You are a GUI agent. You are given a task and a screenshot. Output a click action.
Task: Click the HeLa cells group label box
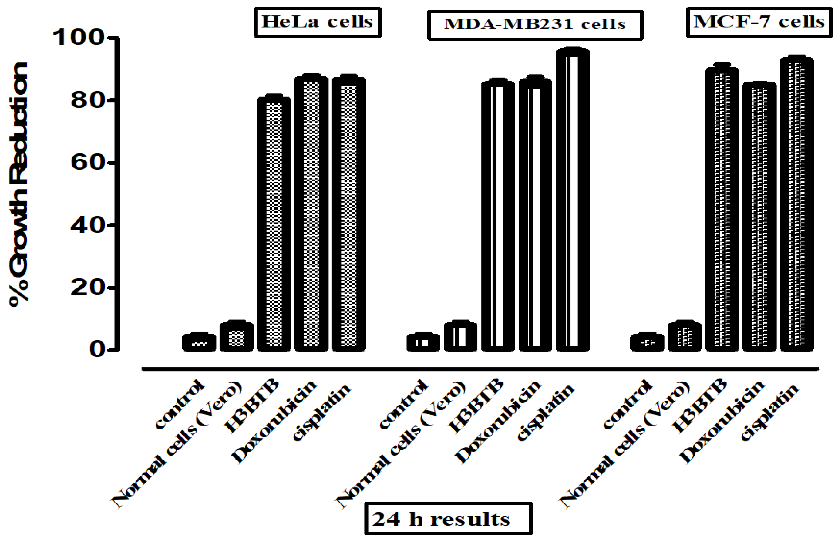[318, 22]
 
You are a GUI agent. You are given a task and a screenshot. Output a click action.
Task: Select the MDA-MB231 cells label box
[535, 25]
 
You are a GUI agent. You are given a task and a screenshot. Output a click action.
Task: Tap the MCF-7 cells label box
[759, 22]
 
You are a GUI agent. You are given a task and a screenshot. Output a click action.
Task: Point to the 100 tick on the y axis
[83, 37]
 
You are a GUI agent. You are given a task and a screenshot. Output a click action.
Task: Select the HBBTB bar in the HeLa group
[274, 225]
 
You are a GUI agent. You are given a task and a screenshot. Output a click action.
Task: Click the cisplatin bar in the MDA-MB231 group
[573, 200]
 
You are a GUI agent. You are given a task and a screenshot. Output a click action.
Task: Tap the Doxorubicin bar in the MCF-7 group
[759, 218]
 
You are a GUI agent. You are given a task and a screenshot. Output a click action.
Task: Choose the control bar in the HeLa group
[199, 342]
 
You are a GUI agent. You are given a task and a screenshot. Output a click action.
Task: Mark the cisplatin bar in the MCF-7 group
[796, 204]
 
